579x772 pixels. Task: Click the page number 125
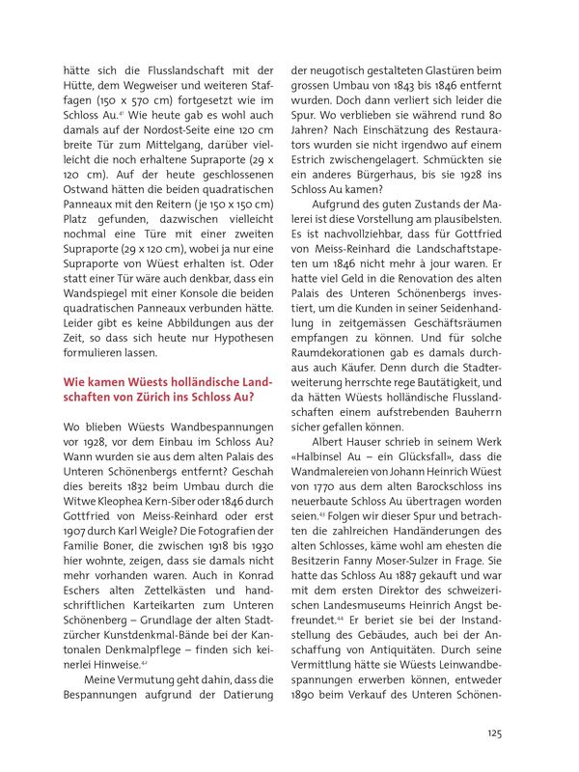click(493, 732)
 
